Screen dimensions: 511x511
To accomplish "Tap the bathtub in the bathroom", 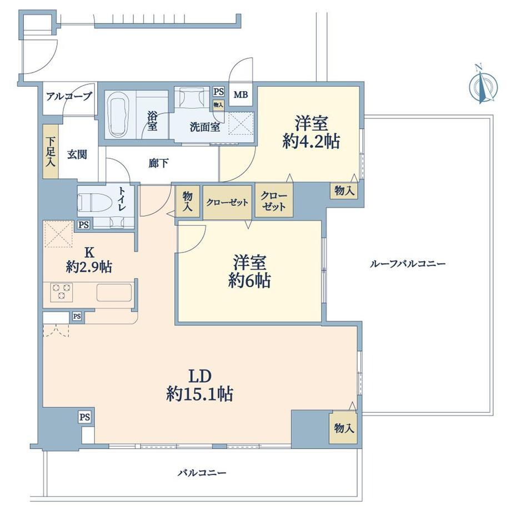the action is [x=118, y=115].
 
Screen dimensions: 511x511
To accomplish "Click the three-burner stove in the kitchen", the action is [x=62, y=292].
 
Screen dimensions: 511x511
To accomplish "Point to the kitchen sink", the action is [x=114, y=293].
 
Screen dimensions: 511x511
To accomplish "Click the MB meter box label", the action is [x=241, y=95].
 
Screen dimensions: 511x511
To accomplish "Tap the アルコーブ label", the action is [x=69, y=97].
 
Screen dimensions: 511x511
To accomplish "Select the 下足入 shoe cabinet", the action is [x=51, y=152].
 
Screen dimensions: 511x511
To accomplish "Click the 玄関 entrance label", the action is [x=77, y=154].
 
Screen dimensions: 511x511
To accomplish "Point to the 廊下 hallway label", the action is [x=159, y=163].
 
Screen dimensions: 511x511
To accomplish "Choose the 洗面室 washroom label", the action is [x=205, y=127].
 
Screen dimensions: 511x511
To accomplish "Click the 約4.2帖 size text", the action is [x=311, y=142].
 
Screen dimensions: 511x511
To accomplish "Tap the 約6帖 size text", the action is [x=249, y=280].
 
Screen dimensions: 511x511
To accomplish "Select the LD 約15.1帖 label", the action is [x=200, y=385].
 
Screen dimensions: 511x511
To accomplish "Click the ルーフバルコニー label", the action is [x=407, y=264].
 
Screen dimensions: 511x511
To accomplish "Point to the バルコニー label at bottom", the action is [x=202, y=473].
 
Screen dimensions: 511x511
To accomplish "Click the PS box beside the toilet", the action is [x=84, y=224].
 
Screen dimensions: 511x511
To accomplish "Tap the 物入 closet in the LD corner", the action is [x=343, y=428].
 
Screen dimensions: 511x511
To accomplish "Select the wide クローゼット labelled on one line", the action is [x=227, y=202].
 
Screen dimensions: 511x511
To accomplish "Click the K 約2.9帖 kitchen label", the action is [x=89, y=260].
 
